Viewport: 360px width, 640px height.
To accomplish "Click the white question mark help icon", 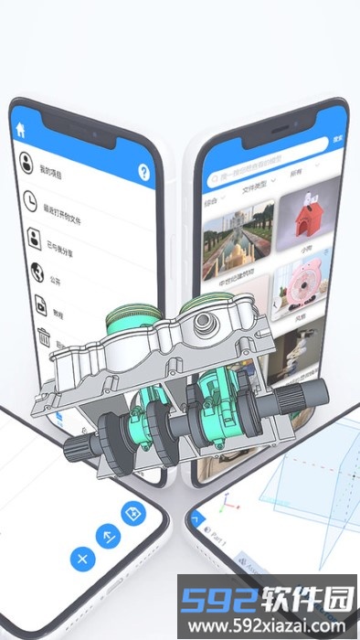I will coord(143,172).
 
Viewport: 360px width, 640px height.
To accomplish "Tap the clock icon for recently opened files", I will coord(30,200).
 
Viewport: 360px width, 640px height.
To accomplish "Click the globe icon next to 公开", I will coord(37,272).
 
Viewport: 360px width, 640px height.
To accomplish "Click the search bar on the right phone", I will coord(265,172).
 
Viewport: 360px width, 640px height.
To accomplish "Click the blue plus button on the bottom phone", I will coord(82,558).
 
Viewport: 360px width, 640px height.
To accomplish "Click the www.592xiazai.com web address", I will coord(268,626).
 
